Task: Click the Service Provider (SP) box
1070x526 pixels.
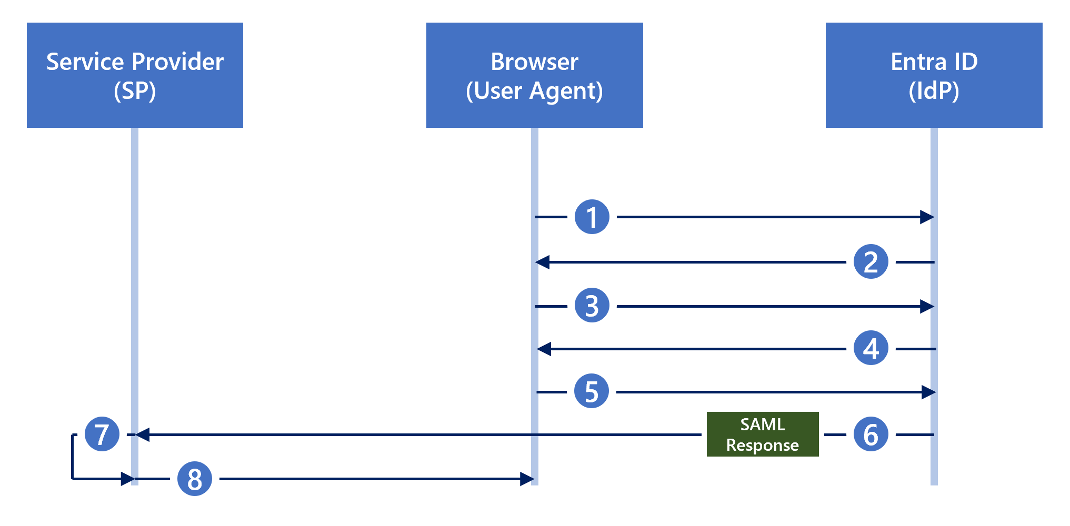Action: point(135,75)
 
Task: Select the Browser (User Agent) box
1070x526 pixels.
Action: point(534,75)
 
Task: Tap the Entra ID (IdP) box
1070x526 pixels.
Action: point(934,75)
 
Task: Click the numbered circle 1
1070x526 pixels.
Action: point(592,217)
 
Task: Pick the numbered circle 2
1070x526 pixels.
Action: point(871,261)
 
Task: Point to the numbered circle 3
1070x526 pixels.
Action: point(592,305)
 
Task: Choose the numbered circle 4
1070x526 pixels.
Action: point(871,348)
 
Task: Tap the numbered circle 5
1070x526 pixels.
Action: point(592,391)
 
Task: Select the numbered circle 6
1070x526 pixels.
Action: point(871,434)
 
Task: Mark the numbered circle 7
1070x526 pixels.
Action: point(102,434)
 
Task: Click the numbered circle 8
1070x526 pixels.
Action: point(195,479)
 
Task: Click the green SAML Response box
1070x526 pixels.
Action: point(762,434)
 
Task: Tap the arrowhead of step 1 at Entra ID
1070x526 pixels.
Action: point(927,217)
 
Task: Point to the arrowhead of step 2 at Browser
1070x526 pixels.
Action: point(543,262)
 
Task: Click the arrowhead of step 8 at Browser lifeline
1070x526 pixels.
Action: point(527,479)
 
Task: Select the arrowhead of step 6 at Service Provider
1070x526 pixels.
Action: point(143,434)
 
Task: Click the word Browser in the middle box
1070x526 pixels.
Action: point(534,62)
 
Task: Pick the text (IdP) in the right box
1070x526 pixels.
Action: point(934,91)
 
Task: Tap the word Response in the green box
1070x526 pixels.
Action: point(762,446)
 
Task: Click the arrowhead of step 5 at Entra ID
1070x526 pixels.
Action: point(928,392)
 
